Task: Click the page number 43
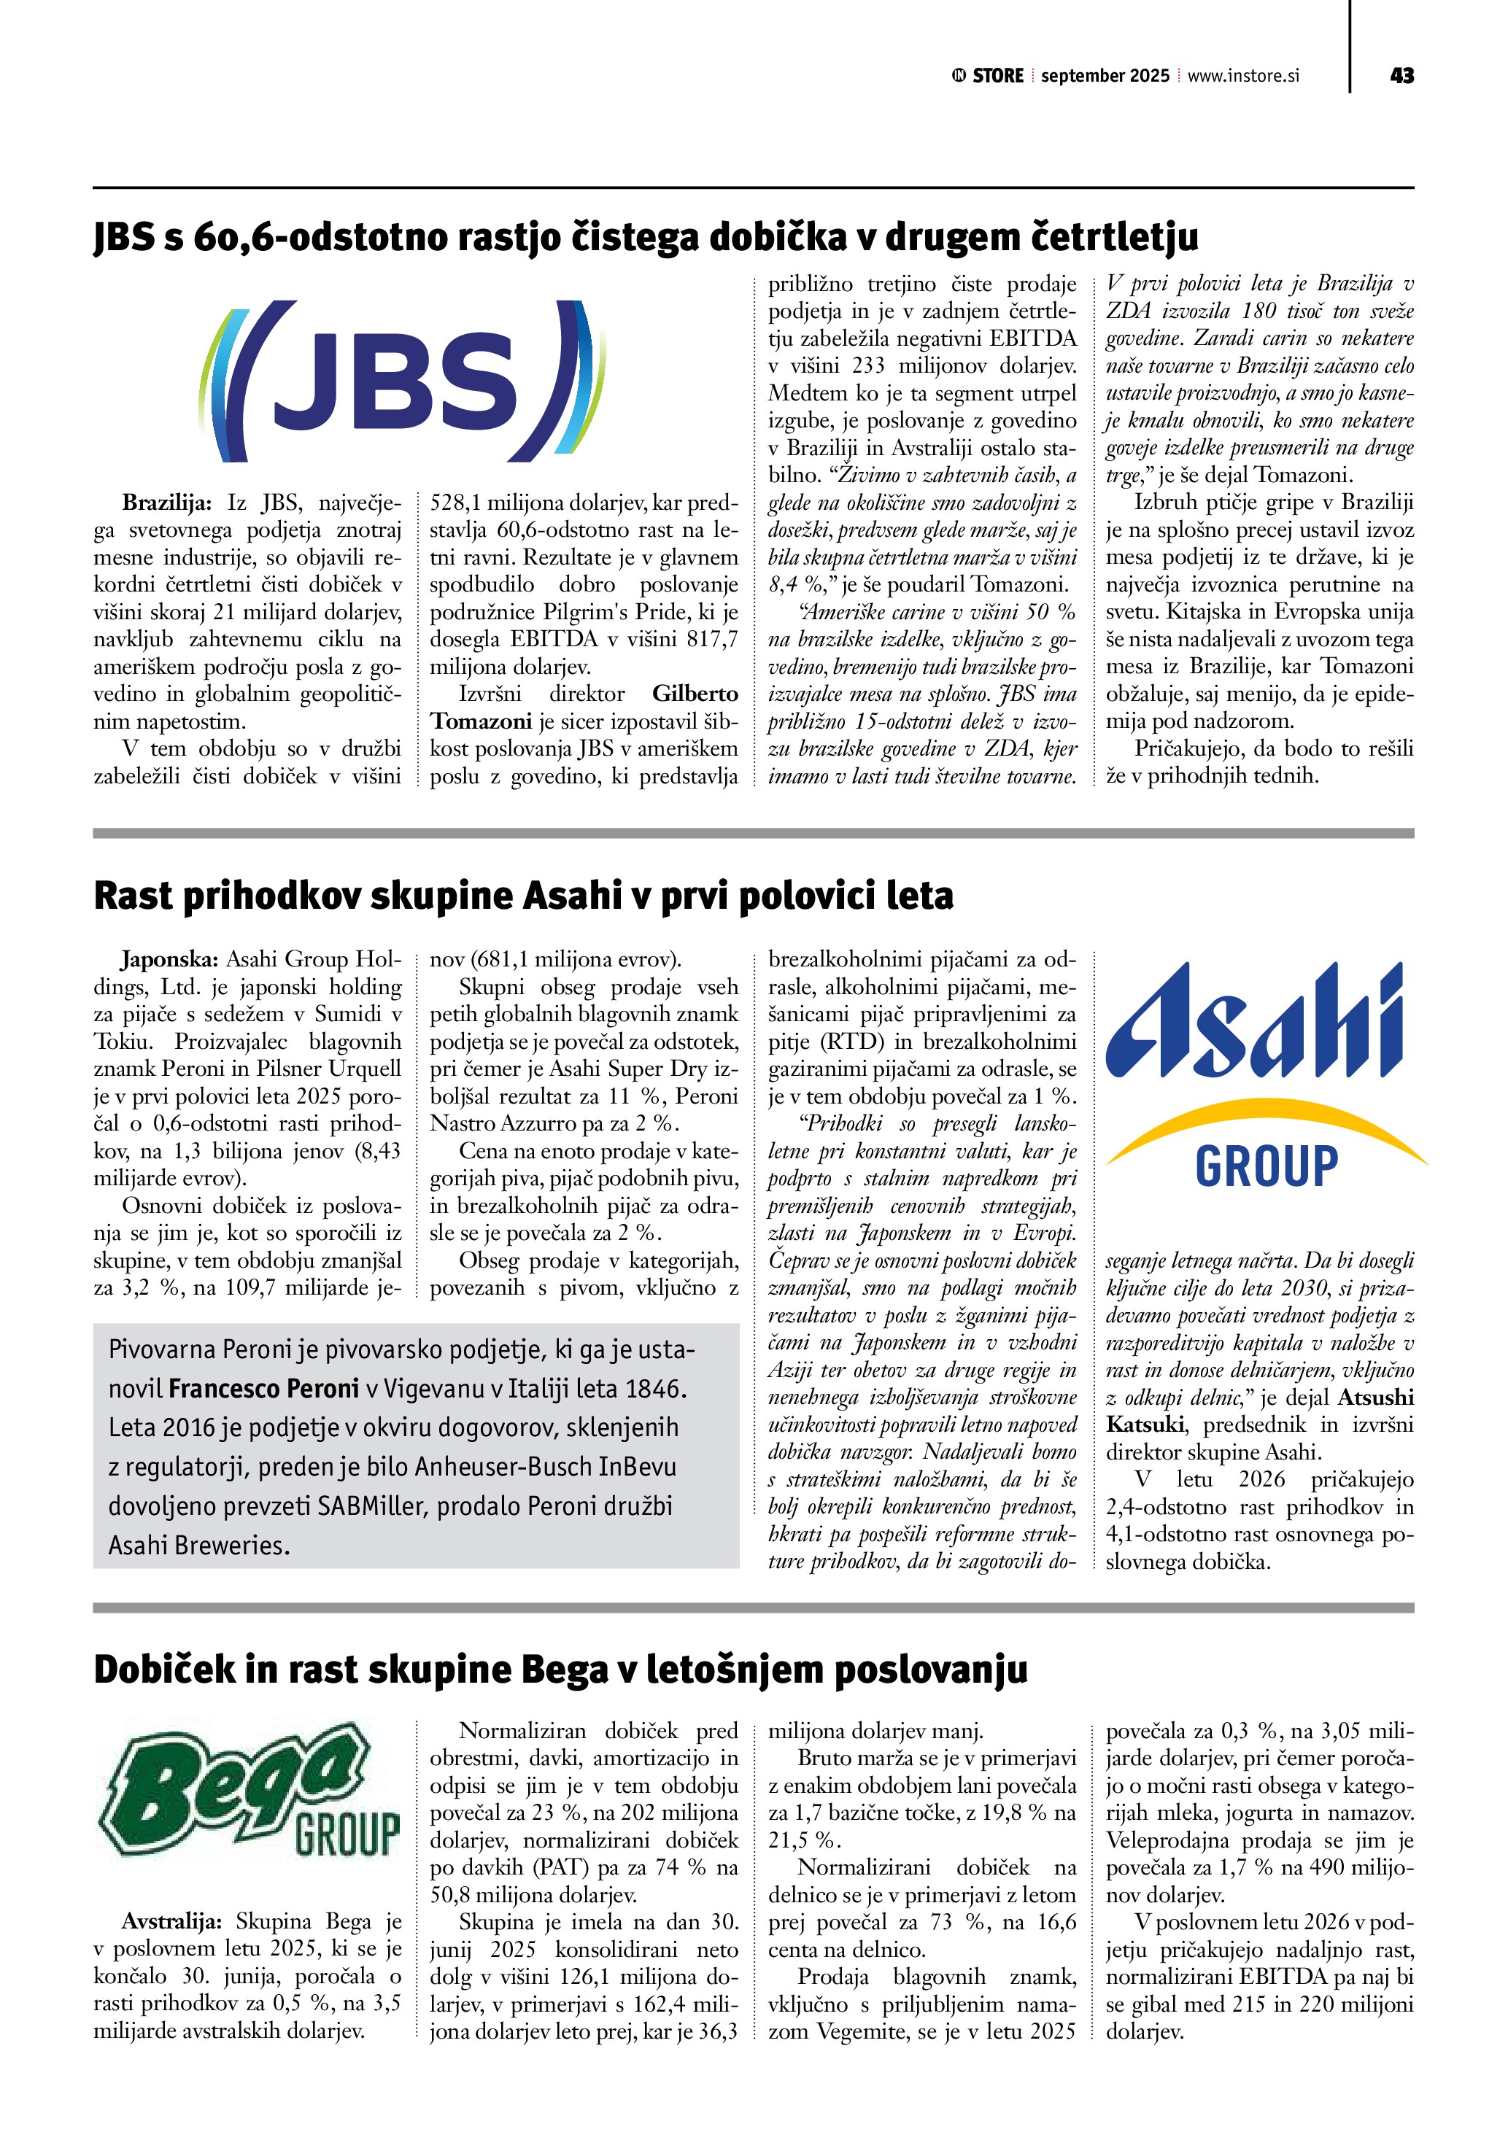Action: point(1401,75)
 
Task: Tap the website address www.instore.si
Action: point(1243,75)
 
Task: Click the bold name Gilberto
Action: point(695,694)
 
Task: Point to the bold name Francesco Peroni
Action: point(263,1389)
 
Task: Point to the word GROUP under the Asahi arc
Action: point(1267,1166)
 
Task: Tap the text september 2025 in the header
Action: point(1105,76)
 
